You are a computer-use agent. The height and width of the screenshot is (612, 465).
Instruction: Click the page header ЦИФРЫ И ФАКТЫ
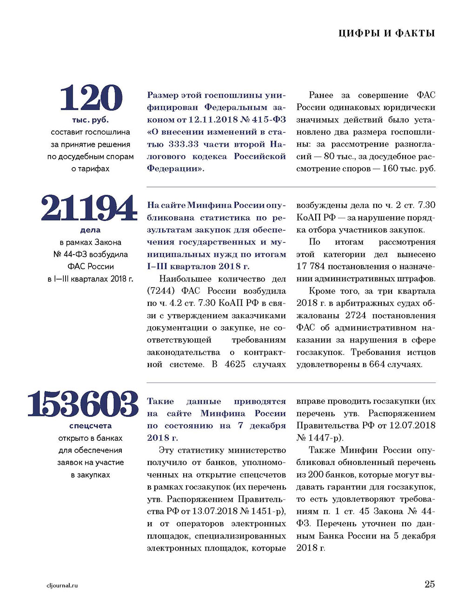386,33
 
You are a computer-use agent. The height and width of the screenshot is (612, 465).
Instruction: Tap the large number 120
91,98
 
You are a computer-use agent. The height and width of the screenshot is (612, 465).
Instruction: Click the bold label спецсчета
90,426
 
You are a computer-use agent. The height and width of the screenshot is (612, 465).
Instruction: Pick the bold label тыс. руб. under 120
90,120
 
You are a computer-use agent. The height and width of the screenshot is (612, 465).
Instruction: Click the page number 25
429,584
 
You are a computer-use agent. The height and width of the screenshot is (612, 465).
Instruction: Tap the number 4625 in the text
235,364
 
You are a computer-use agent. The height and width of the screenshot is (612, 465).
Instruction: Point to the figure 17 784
311,267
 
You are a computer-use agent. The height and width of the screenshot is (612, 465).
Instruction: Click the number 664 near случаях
377,364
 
